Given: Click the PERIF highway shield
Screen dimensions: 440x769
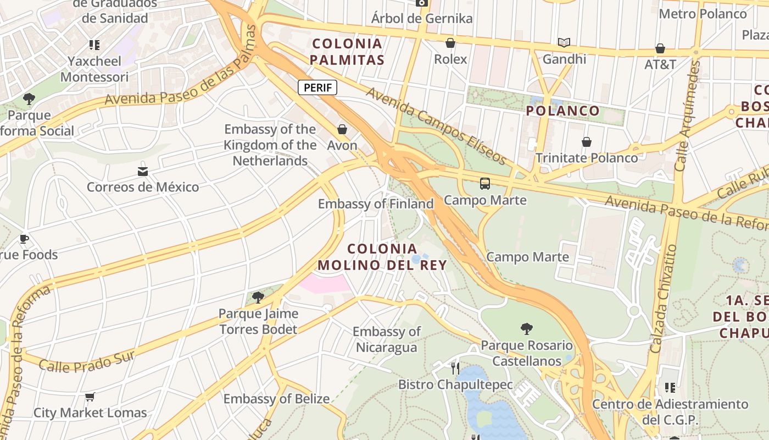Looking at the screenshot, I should pyautogui.click(x=317, y=87).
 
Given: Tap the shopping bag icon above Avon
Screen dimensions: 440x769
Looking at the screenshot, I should pyautogui.click(x=342, y=129).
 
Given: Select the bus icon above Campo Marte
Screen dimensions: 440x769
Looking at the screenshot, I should pyautogui.click(x=484, y=184).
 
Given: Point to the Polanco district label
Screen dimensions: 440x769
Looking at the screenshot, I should pyautogui.click(x=562, y=111).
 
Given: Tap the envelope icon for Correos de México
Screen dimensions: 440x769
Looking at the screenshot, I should pyautogui.click(x=143, y=171).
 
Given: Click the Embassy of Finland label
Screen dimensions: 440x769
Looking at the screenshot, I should pyautogui.click(x=376, y=204).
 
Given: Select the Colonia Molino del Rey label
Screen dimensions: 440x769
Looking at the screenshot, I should pyautogui.click(x=382, y=257).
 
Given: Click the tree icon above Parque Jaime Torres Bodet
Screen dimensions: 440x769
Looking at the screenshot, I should pyautogui.click(x=258, y=298).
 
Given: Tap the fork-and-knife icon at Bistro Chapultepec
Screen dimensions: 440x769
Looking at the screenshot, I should pyautogui.click(x=455, y=368).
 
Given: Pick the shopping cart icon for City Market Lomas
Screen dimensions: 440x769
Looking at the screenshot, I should pyautogui.click(x=90, y=397).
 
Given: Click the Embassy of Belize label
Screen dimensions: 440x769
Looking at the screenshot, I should pyautogui.click(x=276, y=399).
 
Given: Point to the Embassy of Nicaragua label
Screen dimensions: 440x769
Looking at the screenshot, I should pyautogui.click(x=386, y=339).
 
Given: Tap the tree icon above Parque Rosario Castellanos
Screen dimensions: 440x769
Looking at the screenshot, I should pyautogui.click(x=526, y=329).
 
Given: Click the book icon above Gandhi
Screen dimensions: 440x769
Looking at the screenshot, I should pyautogui.click(x=564, y=42).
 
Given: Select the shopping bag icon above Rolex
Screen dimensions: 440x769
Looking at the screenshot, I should pyautogui.click(x=450, y=42).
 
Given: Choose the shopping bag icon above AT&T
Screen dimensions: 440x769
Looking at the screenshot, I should pyautogui.click(x=660, y=48).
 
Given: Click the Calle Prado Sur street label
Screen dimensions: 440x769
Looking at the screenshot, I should pyautogui.click(x=87, y=361).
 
